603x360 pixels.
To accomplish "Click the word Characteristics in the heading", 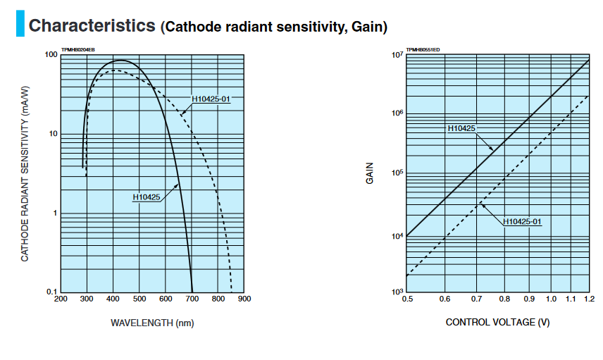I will click(92, 26).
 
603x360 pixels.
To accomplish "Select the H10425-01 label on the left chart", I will click(211, 99).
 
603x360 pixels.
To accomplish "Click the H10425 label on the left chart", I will click(147, 197).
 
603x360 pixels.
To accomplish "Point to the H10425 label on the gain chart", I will click(461, 128).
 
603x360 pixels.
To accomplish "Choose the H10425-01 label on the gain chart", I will click(522, 222).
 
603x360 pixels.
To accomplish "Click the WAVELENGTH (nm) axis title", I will click(152, 323).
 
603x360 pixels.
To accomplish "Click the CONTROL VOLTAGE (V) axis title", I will click(498, 322).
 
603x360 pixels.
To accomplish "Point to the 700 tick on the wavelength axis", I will click(192, 299).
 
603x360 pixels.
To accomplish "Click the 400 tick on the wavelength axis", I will click(113, 299).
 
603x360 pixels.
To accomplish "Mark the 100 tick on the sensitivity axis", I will click(50, 55).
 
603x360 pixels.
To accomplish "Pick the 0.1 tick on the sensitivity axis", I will click(51, 292).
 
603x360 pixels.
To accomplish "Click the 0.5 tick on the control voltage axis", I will click(407, 299).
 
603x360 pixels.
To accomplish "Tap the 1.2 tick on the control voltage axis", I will click(589, 299).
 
